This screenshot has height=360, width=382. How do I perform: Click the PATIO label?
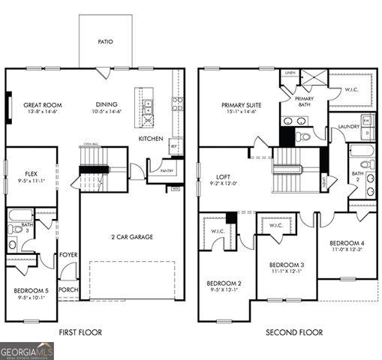pyautogui.click(x=105, y=42)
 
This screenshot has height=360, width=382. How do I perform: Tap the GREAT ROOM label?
pyautogui.click(x=42, y=105)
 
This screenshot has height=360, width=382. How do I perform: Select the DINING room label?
pyautogui.click(x=106, y=104)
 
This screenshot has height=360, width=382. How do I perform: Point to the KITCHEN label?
pyautogui.click(x=151, y=139)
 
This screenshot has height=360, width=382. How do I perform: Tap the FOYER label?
pyautogui.click(x=69, y=254)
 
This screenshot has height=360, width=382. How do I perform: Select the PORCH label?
pyautogui.click(x=68, y=289)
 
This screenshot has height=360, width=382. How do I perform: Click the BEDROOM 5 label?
pyautogui.click(x=31, y=290)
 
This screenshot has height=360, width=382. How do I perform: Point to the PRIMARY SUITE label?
pyautogui.click(x=239, y=105)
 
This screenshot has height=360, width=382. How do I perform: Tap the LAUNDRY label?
pyautogui.click(x=350, y=127)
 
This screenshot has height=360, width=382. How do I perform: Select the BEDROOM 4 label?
pyautogui.click(x=346, y=243)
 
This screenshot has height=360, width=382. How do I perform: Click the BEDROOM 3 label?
pyautogui.click(x=286, y=265)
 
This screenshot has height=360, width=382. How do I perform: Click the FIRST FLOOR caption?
pyautogui.click(x=80, y=332)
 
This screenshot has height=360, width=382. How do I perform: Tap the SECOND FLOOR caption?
pyautogui.click(x=293, y=332)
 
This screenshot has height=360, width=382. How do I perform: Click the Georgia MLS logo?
pyautogui.click(x=27, y=350)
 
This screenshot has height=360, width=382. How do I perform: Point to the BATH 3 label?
pyautogui.click(x=26, y=225)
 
